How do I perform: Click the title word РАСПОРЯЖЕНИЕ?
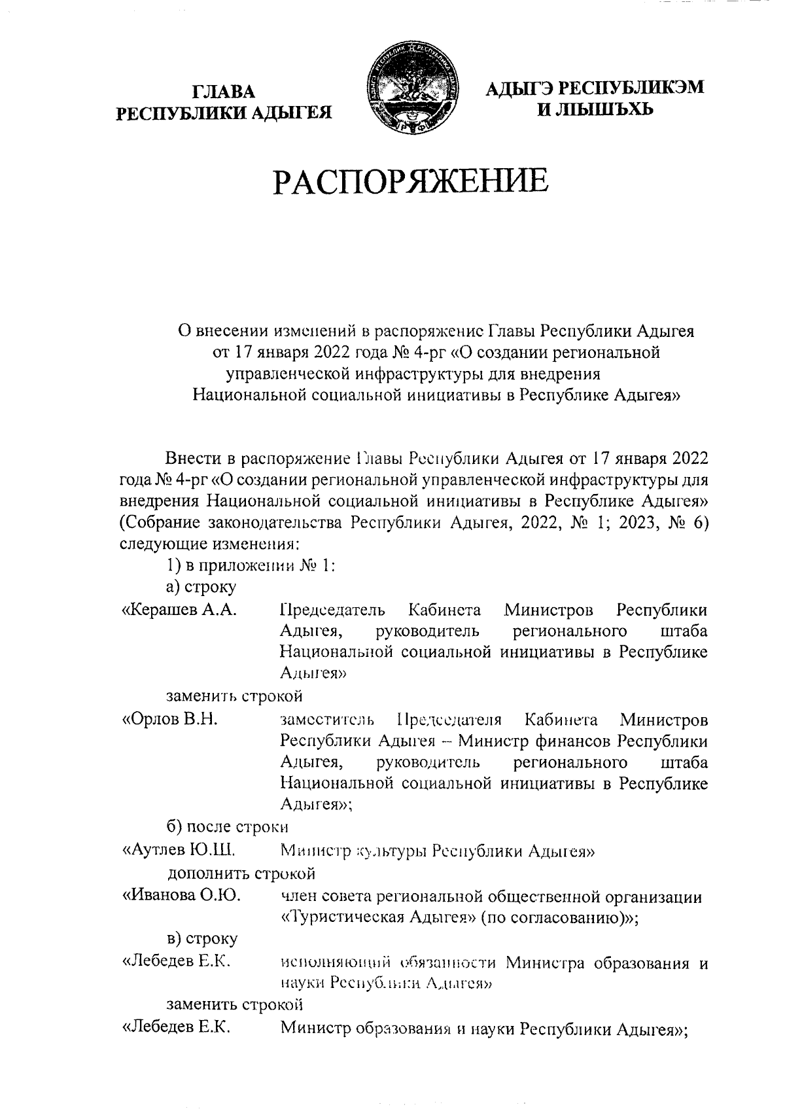point(410,181)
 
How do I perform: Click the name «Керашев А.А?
point(178,610)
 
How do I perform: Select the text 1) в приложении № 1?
point(251,566)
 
